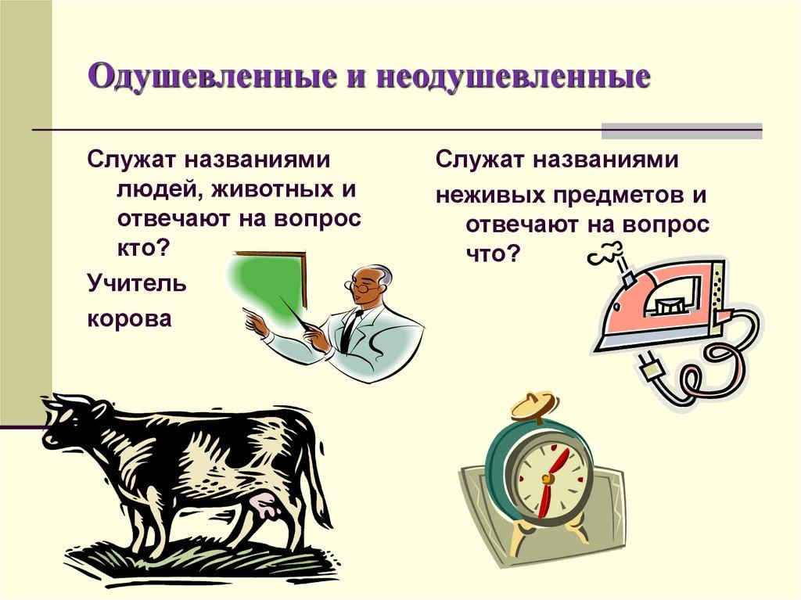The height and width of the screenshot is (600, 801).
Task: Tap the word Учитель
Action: tap(137, 283)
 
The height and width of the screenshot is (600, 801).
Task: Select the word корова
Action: tap(129, 319)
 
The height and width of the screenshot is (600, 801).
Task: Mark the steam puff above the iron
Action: tap(606, 254)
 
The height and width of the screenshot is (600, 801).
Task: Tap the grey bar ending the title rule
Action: tap(681, 131)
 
